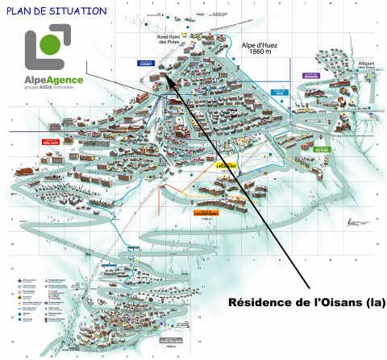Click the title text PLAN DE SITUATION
tap(55, 11)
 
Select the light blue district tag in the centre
tap(279, 93)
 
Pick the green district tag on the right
tap(322, 149)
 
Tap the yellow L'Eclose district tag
tap(225, 167)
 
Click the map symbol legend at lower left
tap(36, 298)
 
